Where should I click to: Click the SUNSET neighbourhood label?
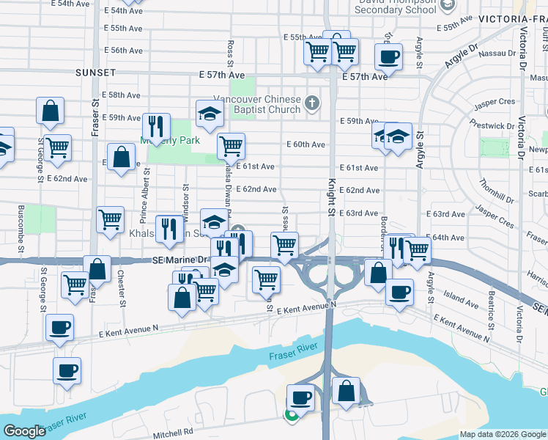[95, 73]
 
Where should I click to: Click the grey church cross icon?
[313, 102]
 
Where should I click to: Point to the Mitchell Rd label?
[173, 433]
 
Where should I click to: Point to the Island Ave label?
[461, 301]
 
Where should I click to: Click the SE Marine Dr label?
[179, 260]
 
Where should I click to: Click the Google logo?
[24, 431]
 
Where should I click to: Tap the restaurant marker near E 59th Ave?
[156, 125]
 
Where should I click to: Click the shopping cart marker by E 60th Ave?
[231, 145]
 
